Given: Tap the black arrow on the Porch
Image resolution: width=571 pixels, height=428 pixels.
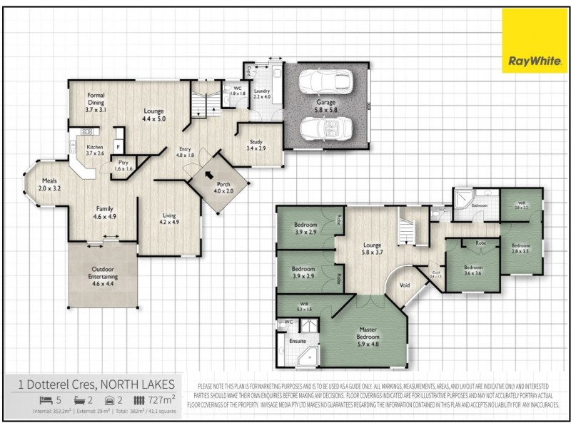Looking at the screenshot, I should [209, 175].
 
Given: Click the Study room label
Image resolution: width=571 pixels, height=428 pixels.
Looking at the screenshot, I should [256, 144].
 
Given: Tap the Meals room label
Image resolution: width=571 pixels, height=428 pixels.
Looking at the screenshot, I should [50, 185].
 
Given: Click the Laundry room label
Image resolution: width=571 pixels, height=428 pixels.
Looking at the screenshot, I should [261, 93].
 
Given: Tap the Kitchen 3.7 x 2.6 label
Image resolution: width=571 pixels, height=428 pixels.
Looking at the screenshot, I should [95, 149].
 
